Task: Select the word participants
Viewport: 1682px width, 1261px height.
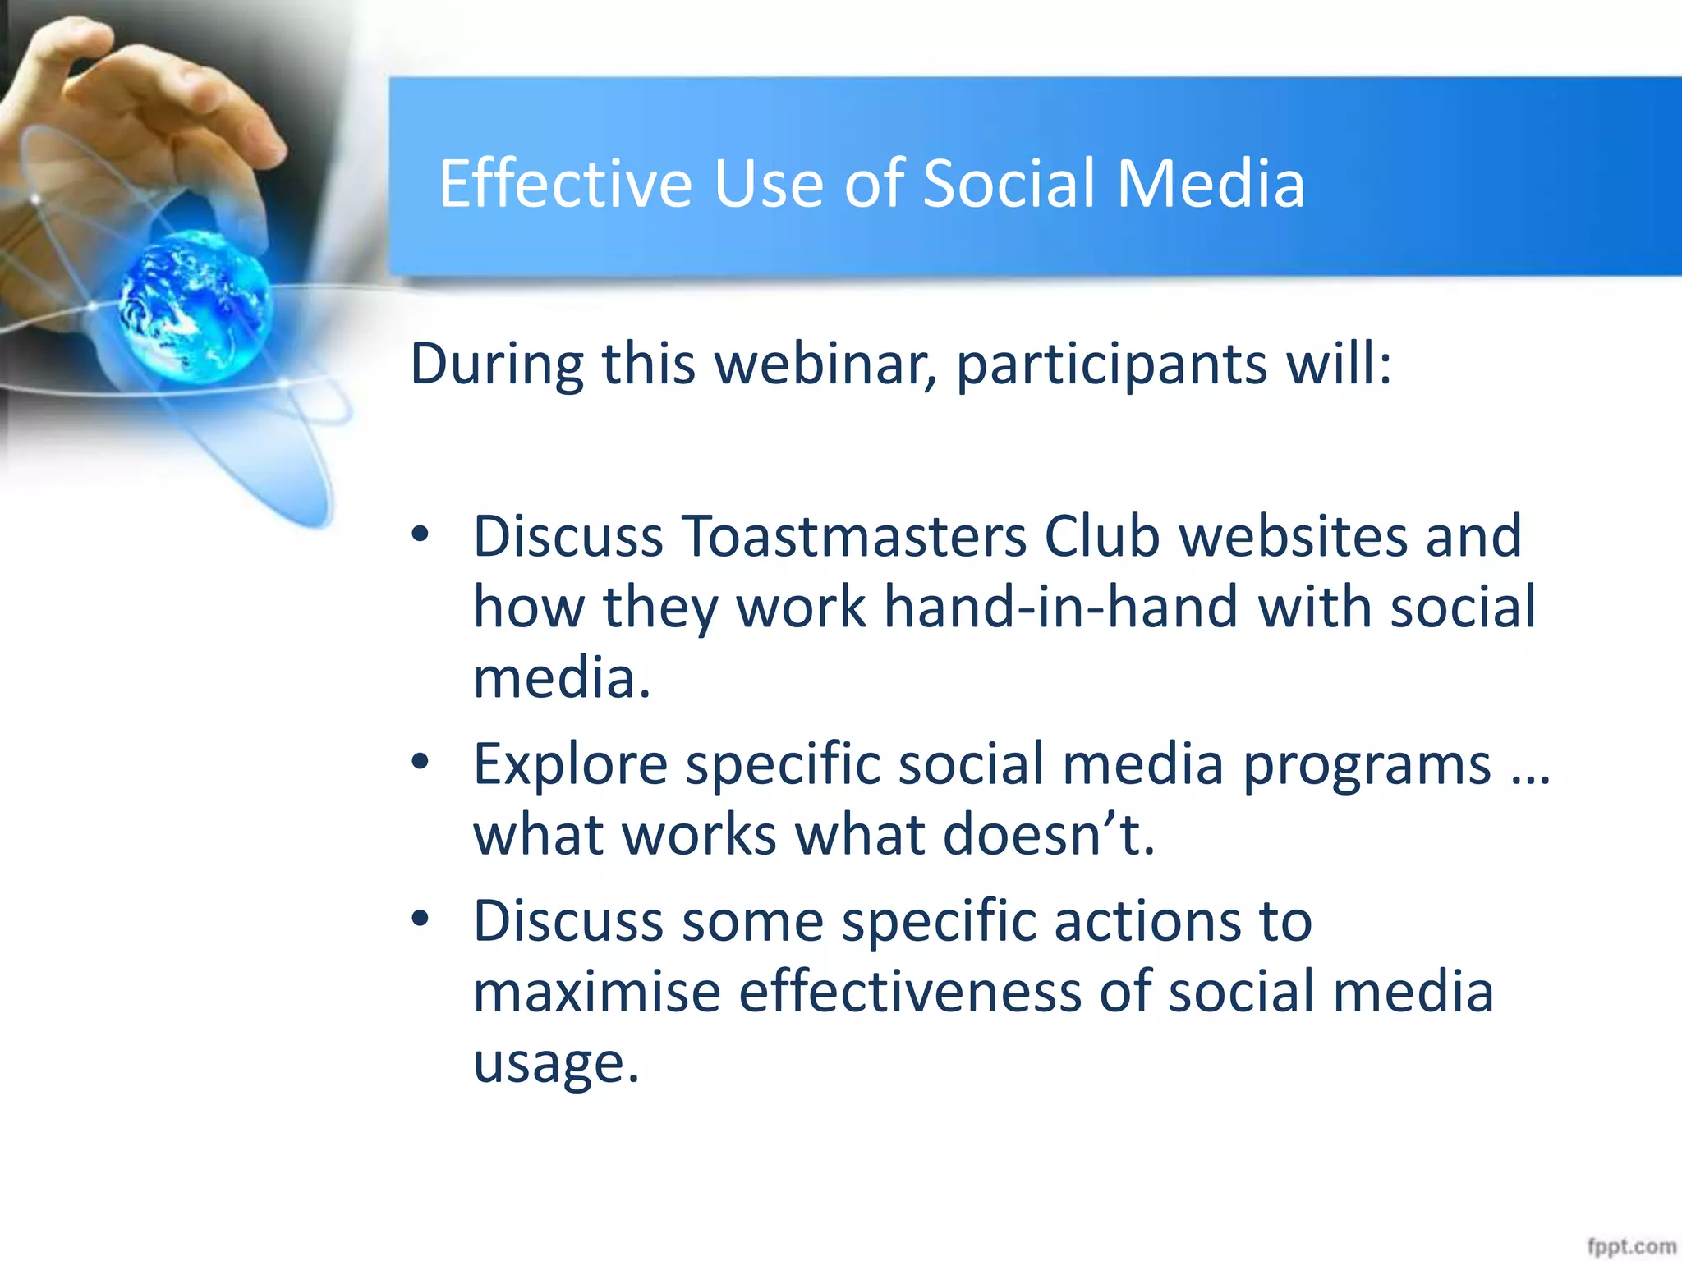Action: click(1112, 365)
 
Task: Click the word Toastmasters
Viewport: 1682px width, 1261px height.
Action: click(853, 537)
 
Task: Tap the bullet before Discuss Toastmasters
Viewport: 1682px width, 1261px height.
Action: click(420, 535)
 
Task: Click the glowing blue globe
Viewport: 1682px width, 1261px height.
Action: click(195, 305)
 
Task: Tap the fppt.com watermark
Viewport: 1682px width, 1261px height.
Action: click(1630, 1246)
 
